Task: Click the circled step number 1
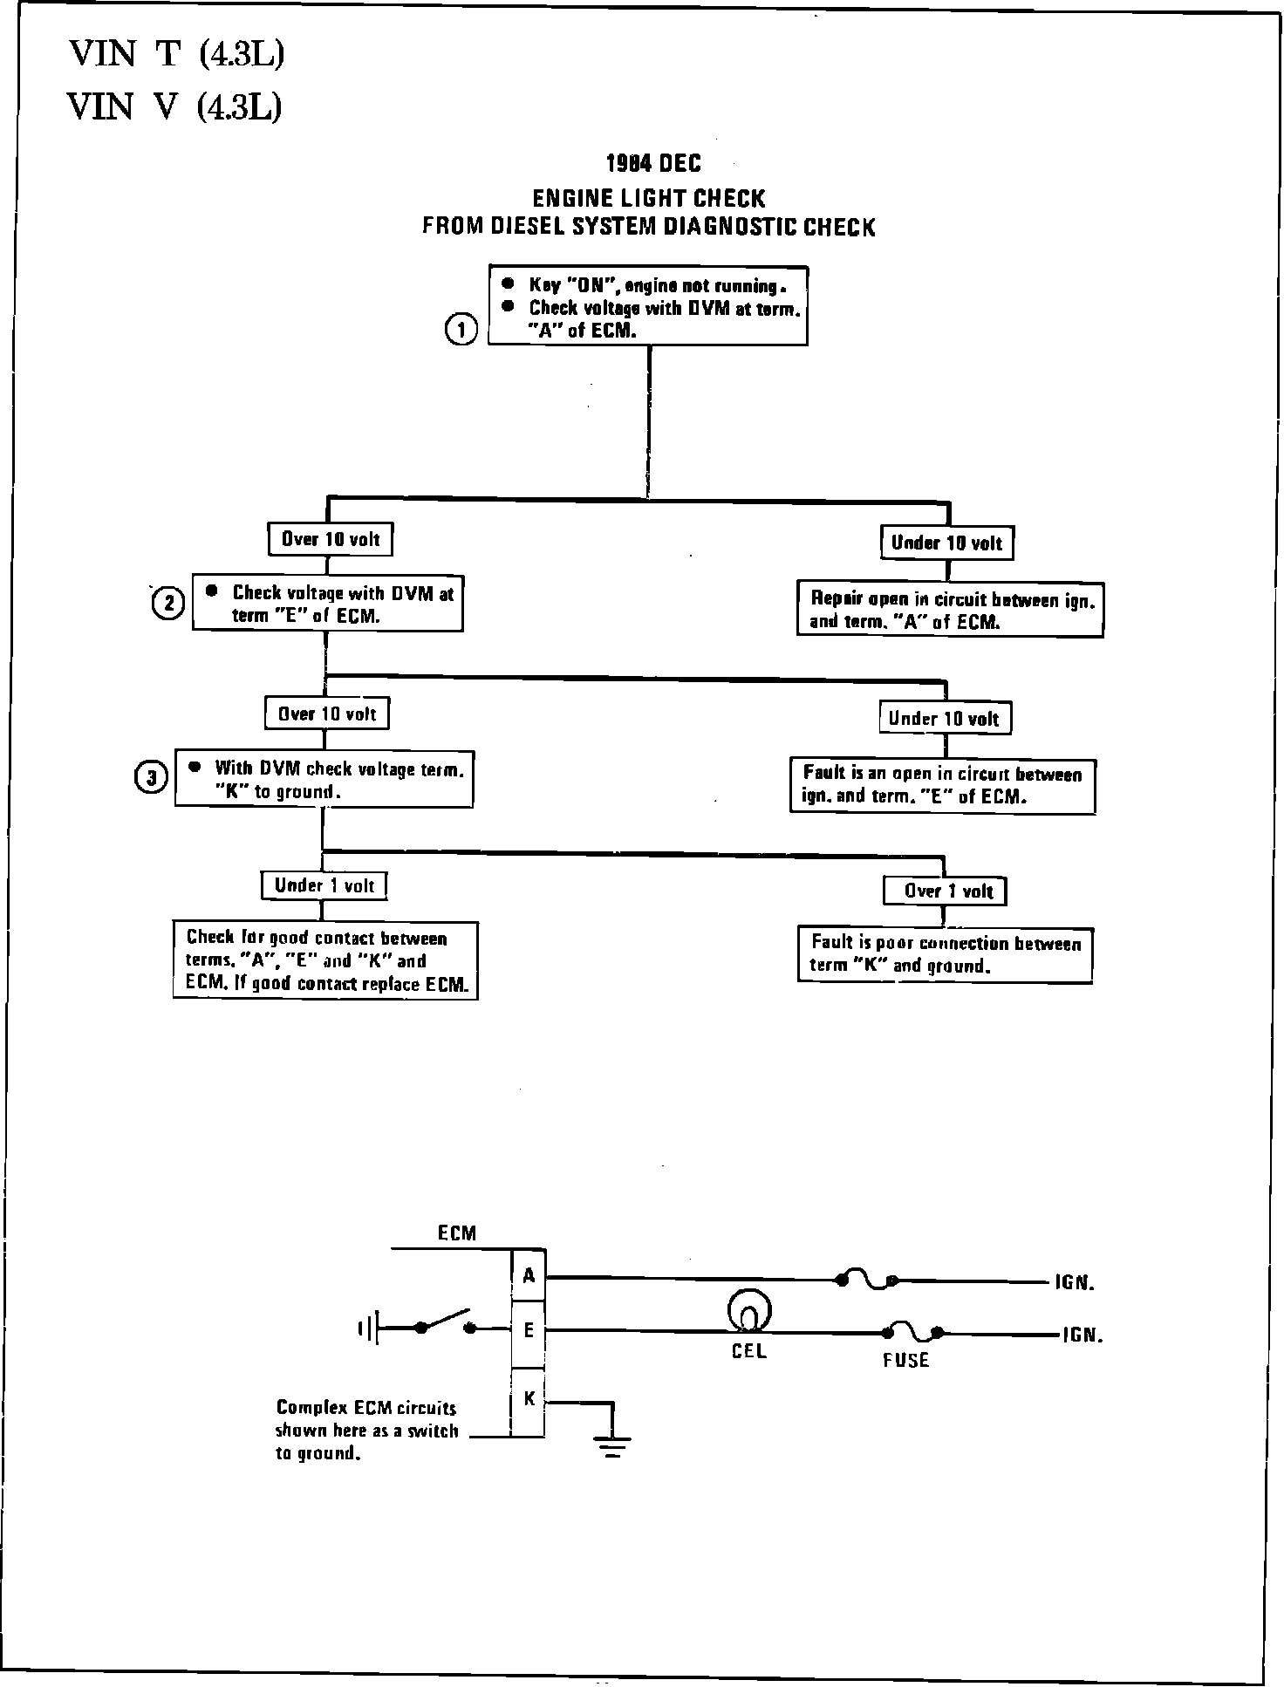(x=461, y=331)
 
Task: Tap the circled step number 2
(x=168, y=604)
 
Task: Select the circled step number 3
(x=151, y=777)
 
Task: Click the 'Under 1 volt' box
(x=324, y=885)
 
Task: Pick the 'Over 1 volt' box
(x=945, y=891)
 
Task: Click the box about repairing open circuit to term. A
(x=950, y=610)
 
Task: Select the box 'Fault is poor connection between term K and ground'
(x=945, y=954)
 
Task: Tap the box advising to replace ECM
(x=325, y=960)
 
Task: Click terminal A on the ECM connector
(x=529, y=1276)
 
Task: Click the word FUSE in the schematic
(x=905, y=1360)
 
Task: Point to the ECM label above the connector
(x=457, y=1233)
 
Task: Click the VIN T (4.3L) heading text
(x=177, y=55)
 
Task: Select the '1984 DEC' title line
(x=653, y=163)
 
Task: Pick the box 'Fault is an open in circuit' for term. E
(x=943, y=785)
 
